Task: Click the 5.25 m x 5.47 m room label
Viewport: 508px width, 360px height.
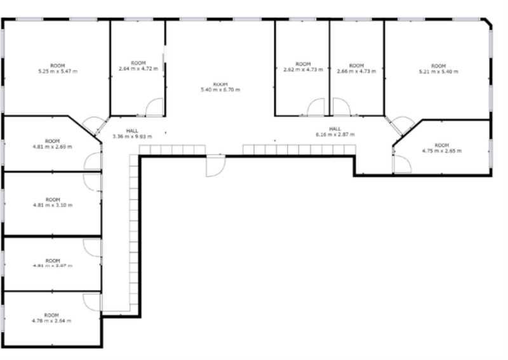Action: (57, 69)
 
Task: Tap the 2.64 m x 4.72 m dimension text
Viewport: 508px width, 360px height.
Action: (138, 66)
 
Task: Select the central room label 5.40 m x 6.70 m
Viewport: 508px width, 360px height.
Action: (220, 87)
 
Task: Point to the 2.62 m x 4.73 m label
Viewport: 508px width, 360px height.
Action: (303, 67)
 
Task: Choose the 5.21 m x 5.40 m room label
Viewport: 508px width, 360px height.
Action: (438, 69)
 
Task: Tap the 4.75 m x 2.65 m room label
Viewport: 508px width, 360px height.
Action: (441, 148)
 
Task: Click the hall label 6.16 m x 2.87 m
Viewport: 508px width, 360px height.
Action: (335, 131)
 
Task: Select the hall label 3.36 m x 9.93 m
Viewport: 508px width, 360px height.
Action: (132, 133)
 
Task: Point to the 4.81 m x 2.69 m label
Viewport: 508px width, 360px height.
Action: (52, 143)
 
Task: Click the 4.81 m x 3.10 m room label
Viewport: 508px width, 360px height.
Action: (52, 203)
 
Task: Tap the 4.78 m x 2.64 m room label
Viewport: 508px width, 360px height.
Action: (52, 318)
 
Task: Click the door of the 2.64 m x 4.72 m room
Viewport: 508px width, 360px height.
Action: (154, 108)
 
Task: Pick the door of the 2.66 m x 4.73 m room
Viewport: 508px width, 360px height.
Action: (341, 107)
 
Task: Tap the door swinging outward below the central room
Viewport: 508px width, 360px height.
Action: (215, 166)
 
